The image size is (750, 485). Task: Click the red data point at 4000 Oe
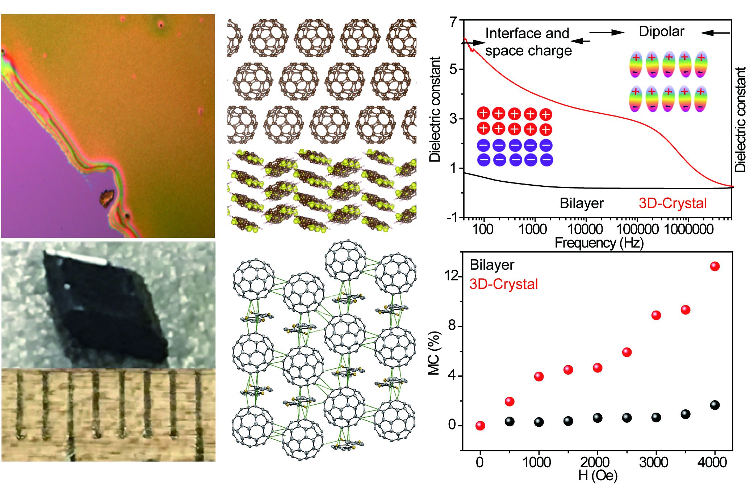[x=715, y=266]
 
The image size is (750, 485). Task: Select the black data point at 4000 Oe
[x=715, y=405]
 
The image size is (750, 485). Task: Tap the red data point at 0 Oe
[x=480, y=426]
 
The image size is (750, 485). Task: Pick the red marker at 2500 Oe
[x=627, y=352]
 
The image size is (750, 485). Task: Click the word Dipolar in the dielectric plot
[x=661, y=31]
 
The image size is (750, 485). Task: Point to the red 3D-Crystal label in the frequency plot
[x=673, y=203]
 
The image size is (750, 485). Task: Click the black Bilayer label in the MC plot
[x=492, y=265]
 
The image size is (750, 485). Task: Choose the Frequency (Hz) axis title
[x=599, y=242]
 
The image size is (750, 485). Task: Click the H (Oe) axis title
[x=598, y=476]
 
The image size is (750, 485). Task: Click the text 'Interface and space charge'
[x=528, y=42]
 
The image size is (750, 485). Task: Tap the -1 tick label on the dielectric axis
[x=452, y=218]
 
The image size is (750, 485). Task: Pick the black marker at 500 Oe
[x=510, y=421]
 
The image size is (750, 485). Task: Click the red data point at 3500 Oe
[x=685, y=310]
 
